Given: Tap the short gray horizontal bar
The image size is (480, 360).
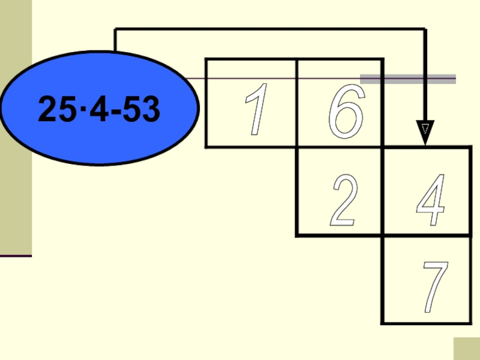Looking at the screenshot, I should pyautogui.click(x=408, y=79).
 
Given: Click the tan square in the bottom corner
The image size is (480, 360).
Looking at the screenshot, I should pyautogui.click(x=466, y=349).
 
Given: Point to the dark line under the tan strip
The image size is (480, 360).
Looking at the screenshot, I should pyautogui.click(x=16, y=256).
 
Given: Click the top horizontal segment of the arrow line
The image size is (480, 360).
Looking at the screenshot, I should pyautogui.click(x=270, y=29).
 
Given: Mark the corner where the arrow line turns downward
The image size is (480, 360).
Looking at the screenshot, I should pyautogui.click(x=425, y=29).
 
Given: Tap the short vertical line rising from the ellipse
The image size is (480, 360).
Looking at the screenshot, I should pyautogui.click(x=115, y=41).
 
